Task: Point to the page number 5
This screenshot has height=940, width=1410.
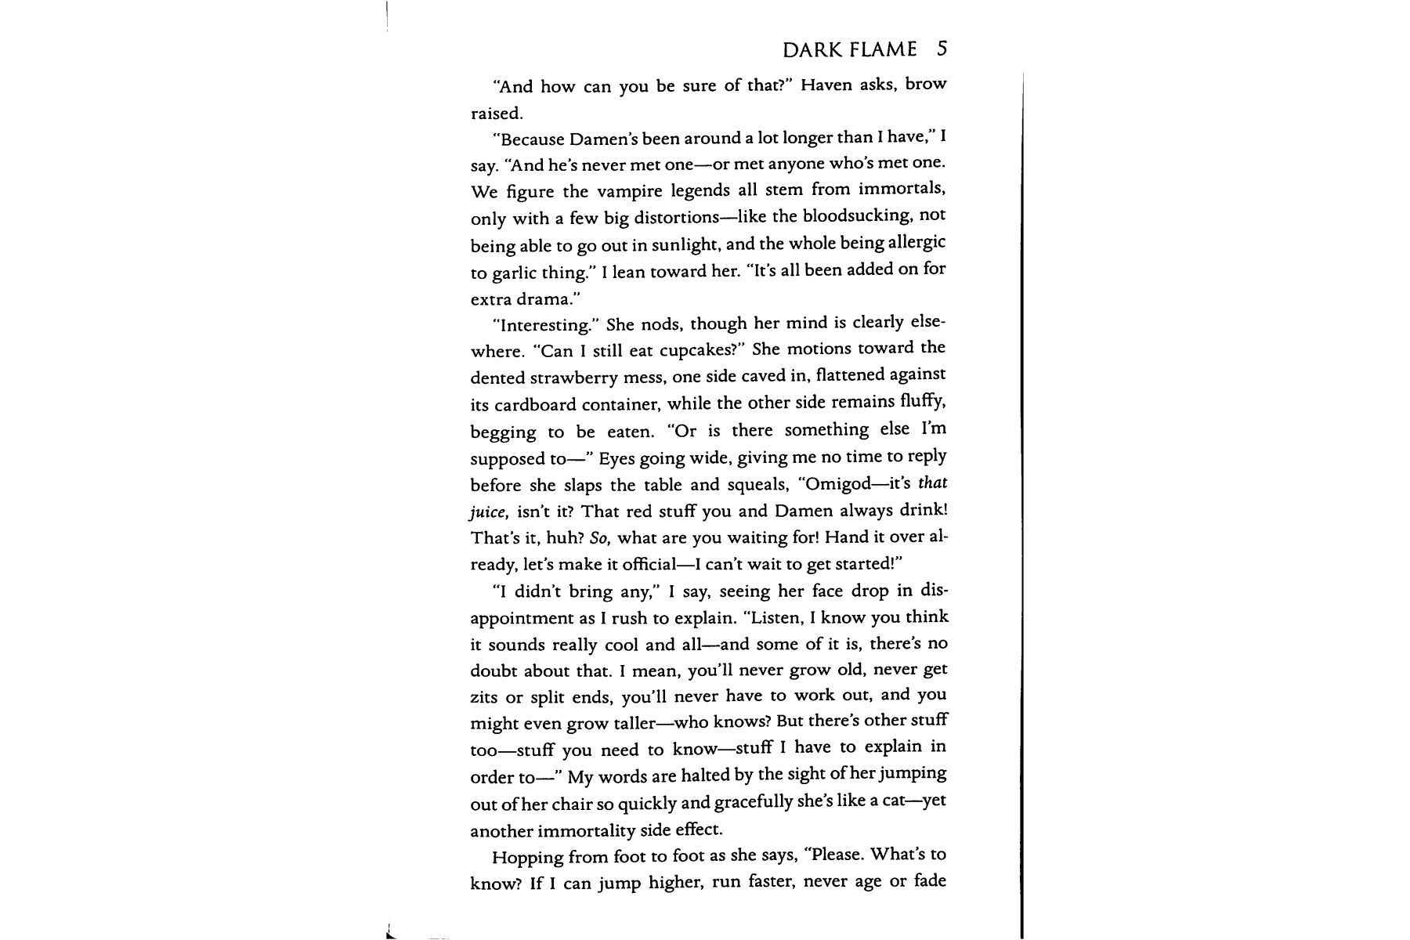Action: pos(942,49)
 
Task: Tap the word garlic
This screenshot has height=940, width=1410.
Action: pos(515,273)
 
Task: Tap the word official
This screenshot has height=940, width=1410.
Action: pos(649,565)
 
